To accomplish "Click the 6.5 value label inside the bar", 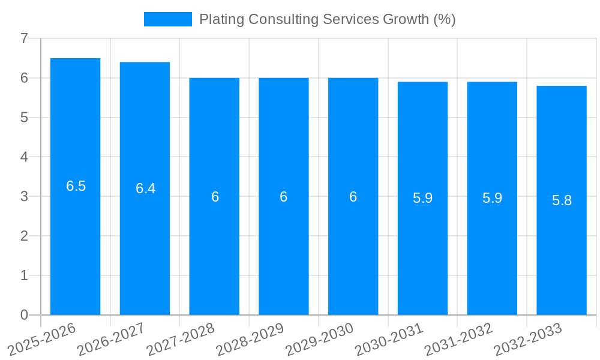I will pyautogui.click(x=76, y=186).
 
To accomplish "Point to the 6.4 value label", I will pyautogui.click(x=145, y=188).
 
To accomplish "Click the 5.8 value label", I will pyautogui.click(x=562, y=200).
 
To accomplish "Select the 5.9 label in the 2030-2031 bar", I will pyautogui.click(x=422, y=198).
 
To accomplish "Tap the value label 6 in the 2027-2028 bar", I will pyautogui.click(x=215, y=197).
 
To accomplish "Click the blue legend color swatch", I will pyautogui.click(x=167, y=19).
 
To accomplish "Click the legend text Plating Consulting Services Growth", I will pyautogui.click(x=327, y=19).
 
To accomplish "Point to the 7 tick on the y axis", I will pyautogui.click(x=24, y=38).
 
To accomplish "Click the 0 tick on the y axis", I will pyautogui.click(x=24, y=315).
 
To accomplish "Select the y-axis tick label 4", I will pyautogui.click(x=24, y=157).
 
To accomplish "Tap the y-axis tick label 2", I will pyautogui.click(x=24, y=236).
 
